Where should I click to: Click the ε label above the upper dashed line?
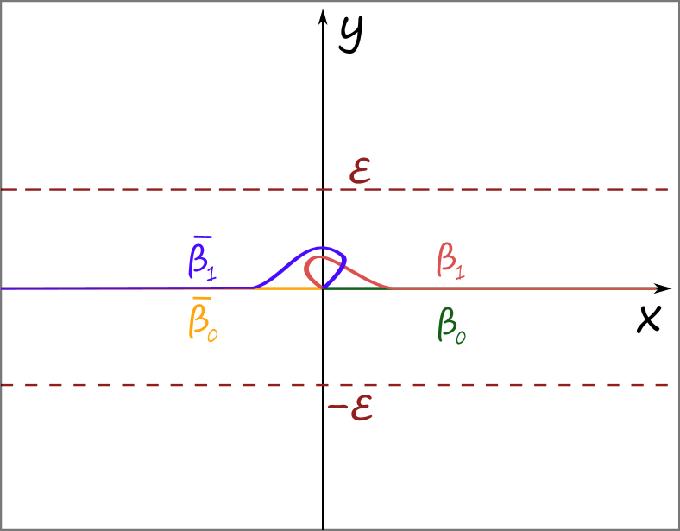[360, 172]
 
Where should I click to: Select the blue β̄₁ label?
[202, 259]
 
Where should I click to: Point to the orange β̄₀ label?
[202, 320]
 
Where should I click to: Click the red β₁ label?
[450, 259]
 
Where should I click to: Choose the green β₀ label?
[451, 326]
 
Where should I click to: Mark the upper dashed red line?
[173, 189]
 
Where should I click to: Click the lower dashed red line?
[173, 385]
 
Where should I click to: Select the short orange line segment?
[289, 288]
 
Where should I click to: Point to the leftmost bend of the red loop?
[305, 263]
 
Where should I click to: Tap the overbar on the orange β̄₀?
[201, 298]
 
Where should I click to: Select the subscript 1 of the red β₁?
[461, 270]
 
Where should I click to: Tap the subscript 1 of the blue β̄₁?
[211, 273]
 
